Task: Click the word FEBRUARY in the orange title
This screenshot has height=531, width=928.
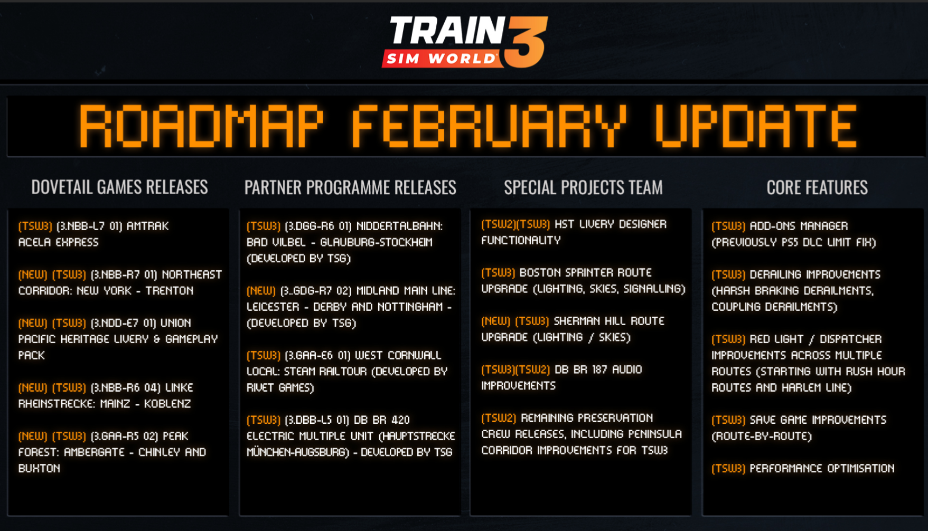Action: [489, 126]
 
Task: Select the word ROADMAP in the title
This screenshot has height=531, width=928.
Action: [201, 126]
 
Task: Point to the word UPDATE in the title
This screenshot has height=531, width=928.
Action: [756, 126]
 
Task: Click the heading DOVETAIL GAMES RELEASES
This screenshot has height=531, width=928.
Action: [119, 187]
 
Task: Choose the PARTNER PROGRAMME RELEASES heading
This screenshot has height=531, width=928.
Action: [350, 187]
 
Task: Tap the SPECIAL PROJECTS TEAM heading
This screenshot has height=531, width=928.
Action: [583, 187]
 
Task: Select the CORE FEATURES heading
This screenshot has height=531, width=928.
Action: [817, 187]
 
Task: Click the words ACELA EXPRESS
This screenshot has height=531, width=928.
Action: [59, 242]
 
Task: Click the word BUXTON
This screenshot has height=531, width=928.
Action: [39, 468]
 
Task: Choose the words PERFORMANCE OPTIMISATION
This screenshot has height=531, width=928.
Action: [822, 468]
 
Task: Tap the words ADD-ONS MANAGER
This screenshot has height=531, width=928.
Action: [799, 226]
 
